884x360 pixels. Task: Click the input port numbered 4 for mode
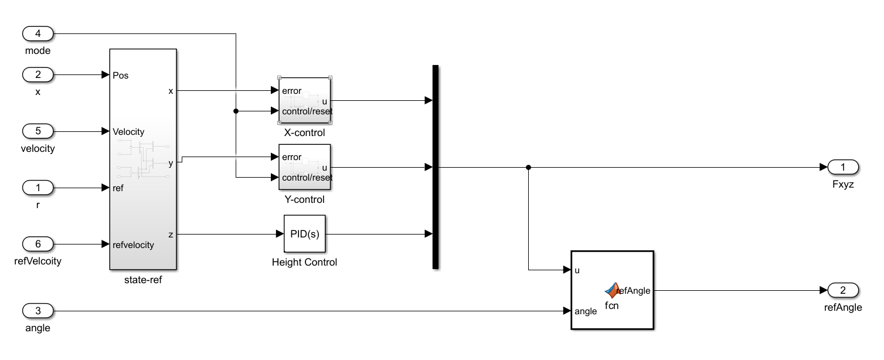click(38, 34)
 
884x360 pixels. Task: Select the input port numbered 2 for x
click(38, 75)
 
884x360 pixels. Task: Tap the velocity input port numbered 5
click(38, 131)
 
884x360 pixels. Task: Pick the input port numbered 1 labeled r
click(38, 188)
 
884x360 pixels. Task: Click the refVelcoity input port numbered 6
click(38, 244)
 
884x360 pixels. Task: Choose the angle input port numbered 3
click(38, 311)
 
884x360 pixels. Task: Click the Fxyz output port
click(843, 168)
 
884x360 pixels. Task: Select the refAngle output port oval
click(843, 290)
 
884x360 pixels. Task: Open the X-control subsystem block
click(304, 100)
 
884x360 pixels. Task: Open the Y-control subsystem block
click(304, 167)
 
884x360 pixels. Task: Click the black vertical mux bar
click(436, 167)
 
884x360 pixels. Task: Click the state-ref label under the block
click(143, 280)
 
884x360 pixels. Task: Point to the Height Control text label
click(304, 262)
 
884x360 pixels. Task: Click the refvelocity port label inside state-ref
click(133, 244)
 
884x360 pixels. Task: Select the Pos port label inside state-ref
click(120, 76)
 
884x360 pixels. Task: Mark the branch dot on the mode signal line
click(236, 111)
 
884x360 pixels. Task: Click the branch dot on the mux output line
click(528, 168)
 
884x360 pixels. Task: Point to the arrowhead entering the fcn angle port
click(567, 311)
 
